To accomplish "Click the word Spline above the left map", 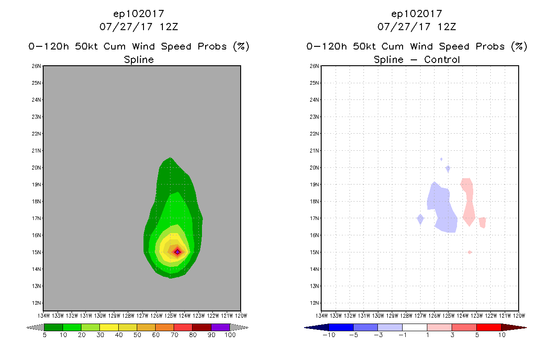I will [139, 59].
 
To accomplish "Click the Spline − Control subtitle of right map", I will [417, 59].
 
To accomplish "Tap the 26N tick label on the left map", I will [36, 66].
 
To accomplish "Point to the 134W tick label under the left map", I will [44, 315].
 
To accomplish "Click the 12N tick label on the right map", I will [314, 303].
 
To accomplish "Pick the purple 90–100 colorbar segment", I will [220, 327].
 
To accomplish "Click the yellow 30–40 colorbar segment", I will [109, 327].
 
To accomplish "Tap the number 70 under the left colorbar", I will [174, 335].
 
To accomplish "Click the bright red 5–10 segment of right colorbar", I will [489, 327].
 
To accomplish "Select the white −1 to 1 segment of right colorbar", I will [414, 327].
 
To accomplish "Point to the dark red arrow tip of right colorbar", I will [520, 327].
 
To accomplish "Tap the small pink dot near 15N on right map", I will [470, 252].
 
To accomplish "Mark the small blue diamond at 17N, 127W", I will [420, 219].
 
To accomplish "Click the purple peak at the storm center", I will [177, 252].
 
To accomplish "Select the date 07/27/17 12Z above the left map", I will [139, 26].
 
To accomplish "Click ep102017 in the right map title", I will [417, 13].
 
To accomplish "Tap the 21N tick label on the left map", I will [36, 150].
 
